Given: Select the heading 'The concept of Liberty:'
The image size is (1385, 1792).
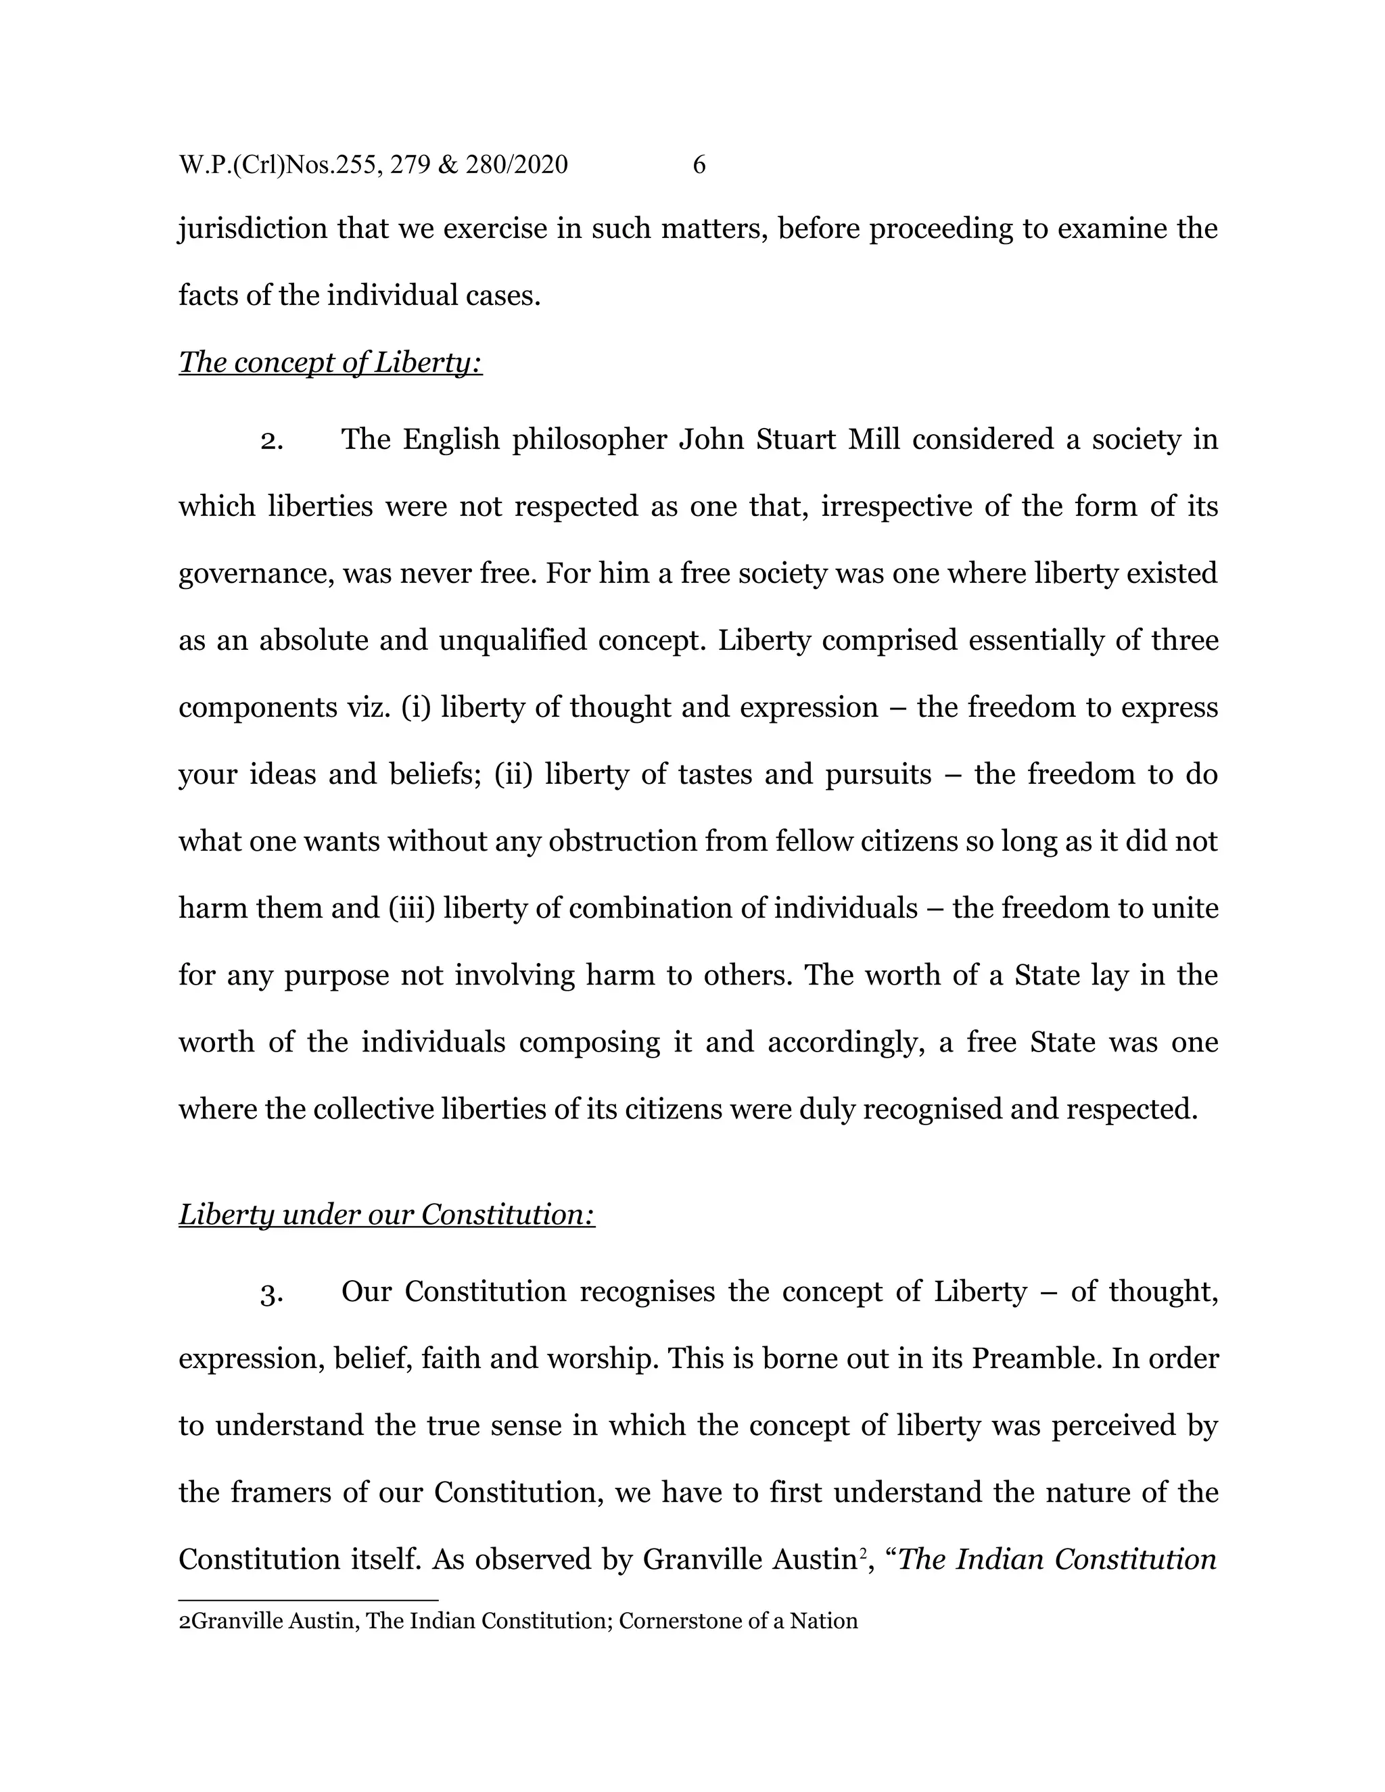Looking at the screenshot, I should coord(331,362).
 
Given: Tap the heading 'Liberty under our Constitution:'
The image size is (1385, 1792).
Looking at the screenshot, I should coord(386,1215).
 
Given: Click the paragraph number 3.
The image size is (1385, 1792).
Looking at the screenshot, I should coord(272,1293).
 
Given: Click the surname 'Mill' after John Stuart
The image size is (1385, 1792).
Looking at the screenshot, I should coord(873,439).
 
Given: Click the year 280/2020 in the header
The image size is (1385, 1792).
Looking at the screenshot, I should coord(516,165).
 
